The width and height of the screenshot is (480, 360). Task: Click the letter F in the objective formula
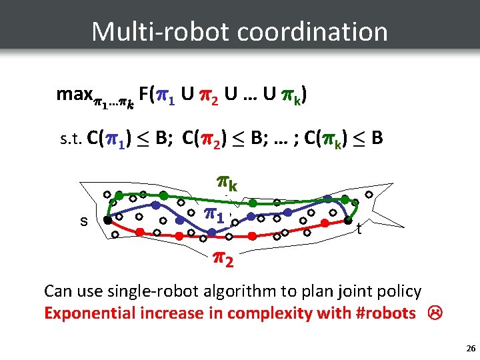(x=145, y=95)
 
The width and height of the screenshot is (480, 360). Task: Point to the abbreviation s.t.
(x=70, y=140)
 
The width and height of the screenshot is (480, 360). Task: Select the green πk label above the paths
(x=229, y=181)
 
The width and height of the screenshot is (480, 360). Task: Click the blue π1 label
(x=215, y=215)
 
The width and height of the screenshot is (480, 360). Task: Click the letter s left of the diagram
(x=83, y=221)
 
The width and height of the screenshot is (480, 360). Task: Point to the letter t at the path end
(x=359, y=230)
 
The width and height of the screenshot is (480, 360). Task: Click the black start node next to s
(x=107, y=219)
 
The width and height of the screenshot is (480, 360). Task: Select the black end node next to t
(x=347, y=221)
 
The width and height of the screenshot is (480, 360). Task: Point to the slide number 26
(x=471, y=348)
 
